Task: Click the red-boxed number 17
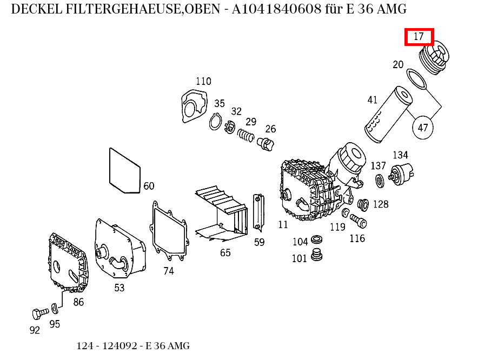point(419,37)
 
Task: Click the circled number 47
point(423,128)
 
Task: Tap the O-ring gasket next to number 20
point(416,79)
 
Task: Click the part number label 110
point(203,82)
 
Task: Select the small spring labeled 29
point(247,136)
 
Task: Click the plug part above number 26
point(266,144)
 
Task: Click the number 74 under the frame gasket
point(169,271)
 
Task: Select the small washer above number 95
point(54,308)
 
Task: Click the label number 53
point(119,288)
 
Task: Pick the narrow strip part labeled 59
point(258,212)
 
